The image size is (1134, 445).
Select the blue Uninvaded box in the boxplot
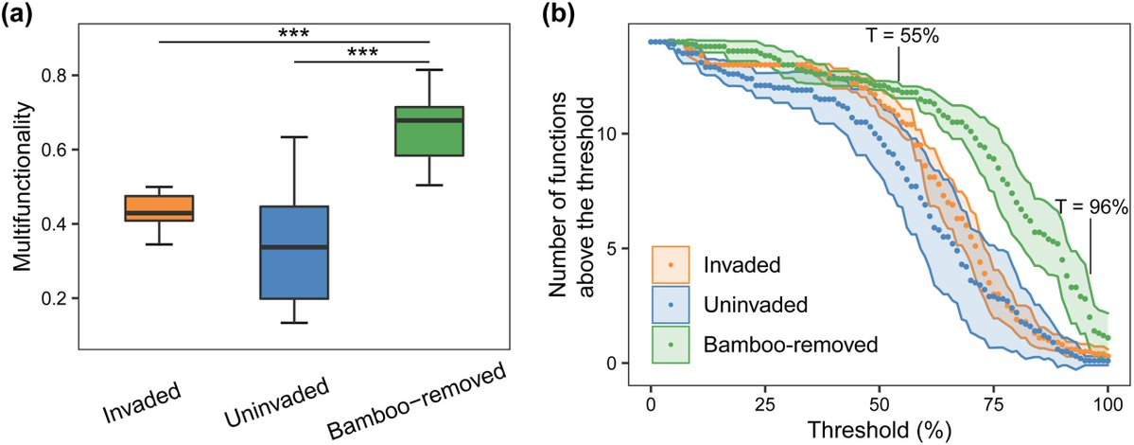(294, 252)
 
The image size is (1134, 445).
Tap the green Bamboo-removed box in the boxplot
(429, 131)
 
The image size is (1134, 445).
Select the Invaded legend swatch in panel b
(671, 265)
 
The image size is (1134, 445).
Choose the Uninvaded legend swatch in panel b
(671, 305)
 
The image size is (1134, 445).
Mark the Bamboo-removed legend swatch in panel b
(671, 344)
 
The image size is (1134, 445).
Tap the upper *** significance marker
(295, 33)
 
